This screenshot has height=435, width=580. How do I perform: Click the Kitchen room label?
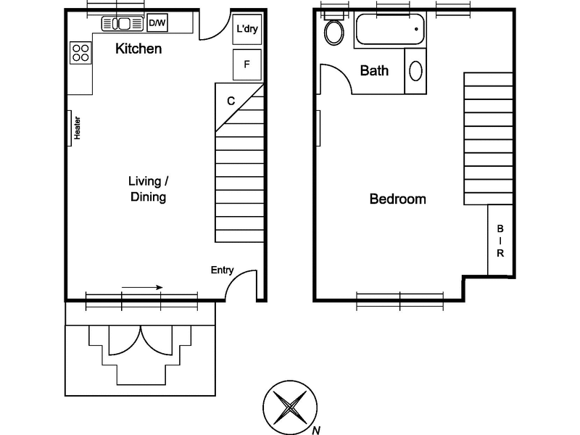[x=138, y=49]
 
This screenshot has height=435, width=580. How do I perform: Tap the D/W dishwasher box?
[x=157, y=23]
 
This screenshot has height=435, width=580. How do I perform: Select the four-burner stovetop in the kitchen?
[x=80, y=52]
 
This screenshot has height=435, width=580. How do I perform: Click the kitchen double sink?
[x=123, y=24]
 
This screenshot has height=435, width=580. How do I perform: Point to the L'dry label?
[x=247, y=28]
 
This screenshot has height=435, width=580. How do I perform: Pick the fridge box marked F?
[x=247, y=65]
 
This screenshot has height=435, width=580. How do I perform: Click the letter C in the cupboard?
[x=231, y=101]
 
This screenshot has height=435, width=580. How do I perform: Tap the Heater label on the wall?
[x=77, y=128]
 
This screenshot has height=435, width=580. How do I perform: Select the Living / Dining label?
[x=149, y=189]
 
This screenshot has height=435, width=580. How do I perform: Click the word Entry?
[x=222, y=270]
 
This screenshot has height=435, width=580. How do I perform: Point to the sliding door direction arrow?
[x=142, y=287]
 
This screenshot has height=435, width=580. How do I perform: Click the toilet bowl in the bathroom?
[x=334, y=33]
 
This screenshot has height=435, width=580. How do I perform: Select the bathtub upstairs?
[x=390, y=29]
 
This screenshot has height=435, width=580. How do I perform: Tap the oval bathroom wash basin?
[x=415, y=70]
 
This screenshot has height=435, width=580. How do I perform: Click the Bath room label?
[x=374, y=70]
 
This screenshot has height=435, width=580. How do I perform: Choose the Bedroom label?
[x=397, y=199]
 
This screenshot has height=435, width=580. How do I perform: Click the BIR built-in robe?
[x=500, y=240]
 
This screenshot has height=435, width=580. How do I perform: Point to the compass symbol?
[x=290, y=407]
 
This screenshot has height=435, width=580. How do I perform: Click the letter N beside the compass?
[x=316, y=430]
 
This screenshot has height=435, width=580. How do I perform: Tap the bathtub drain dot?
[x=416, y=29]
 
